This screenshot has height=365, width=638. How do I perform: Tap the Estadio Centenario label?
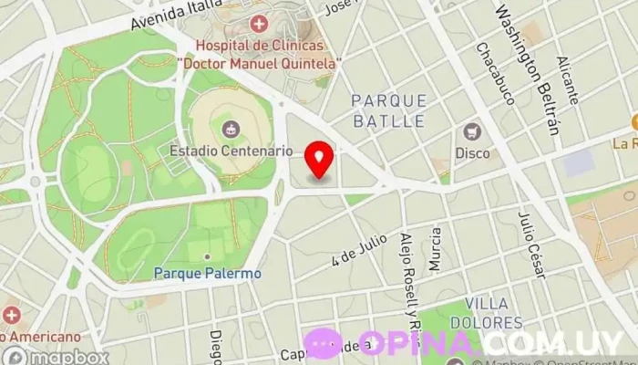[x=232, y=150]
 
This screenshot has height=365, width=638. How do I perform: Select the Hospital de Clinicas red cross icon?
[x=260, y=23]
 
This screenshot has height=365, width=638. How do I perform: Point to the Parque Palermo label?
[x=207, y=273]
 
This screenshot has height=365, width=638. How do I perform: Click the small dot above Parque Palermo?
[x=207, y=256]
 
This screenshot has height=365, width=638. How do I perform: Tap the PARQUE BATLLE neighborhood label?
[x=387, y=109]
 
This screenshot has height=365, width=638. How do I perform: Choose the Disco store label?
[x=472, y=152]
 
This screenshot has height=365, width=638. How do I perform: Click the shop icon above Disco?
[x=472, y=131]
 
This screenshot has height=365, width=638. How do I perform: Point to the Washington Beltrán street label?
[x=527, y=68]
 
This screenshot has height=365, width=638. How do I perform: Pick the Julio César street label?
[x=530, y=245]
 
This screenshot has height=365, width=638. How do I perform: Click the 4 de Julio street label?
[x=355, y=248]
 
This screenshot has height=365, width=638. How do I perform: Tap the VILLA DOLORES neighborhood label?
[x=493, y=312]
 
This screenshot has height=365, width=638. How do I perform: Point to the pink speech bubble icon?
[x=324, y=344]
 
